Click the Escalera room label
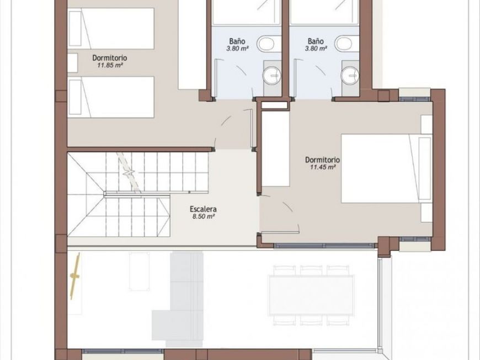(203, 209)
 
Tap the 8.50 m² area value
(202, 216)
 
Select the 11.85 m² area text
(110, 65)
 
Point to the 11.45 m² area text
(323, 167)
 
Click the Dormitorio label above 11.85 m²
(110, 58)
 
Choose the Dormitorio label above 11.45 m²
(322, 160)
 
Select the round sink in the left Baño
(272, 75)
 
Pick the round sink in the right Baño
(350, 75)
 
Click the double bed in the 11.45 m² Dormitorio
(387, 168)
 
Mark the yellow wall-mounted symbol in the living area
(74, 276)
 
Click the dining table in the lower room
(311, 295)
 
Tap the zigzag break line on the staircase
(129, 172)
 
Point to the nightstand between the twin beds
(72, 63)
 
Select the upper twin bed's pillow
(75, 29)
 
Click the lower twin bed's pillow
(75, 97)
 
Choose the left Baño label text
(237, 41)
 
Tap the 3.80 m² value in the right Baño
(316, 49)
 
